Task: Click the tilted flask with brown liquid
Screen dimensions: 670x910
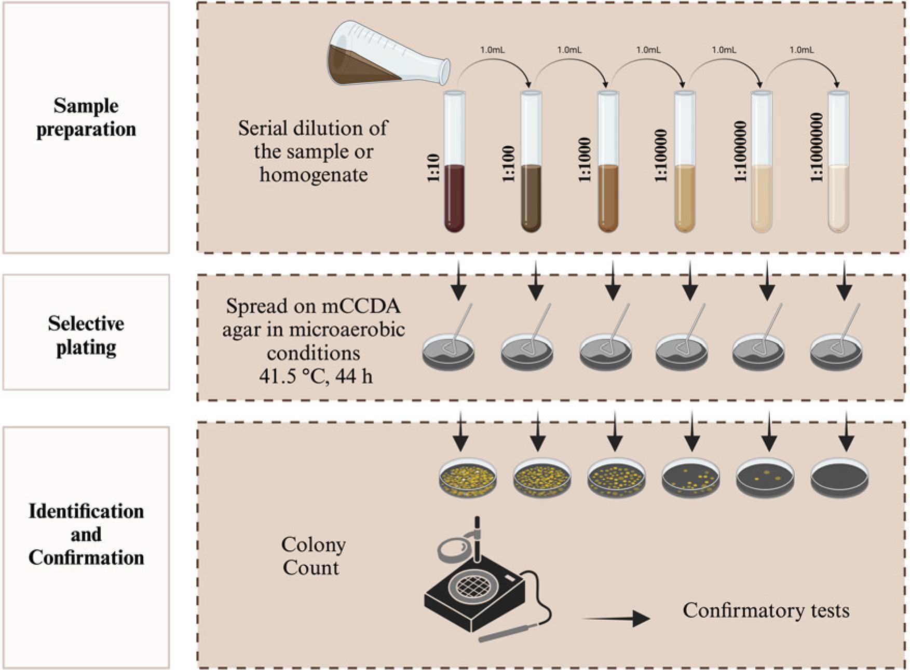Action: (x=387, y=55)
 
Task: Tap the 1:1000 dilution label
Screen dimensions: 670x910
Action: (x=585, y=160)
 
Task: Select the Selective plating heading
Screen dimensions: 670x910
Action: (x=86, y=335)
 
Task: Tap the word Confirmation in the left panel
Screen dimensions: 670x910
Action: (x=86, y=557)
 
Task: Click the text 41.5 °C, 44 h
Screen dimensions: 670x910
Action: (x=316, y=376)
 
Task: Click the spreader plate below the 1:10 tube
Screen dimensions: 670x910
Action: (x=449, y=351)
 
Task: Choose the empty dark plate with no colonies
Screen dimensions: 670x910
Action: (x=839, y=477)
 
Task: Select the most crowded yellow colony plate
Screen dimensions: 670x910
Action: (x=468, y=477)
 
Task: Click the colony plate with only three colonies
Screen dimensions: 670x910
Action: (x=765, y=477)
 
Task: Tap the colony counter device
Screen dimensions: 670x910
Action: (x=475, y=591)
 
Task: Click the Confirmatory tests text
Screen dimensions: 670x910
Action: (x=766, y=610)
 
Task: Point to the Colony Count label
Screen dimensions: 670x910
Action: (x=313, y=556)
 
